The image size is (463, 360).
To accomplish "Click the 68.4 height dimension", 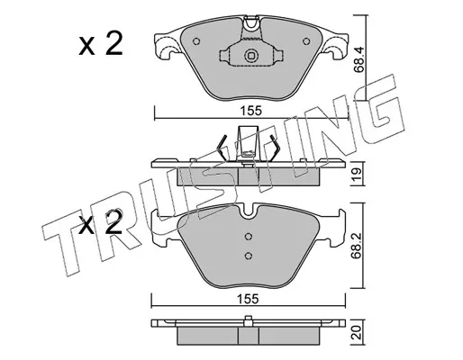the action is [x=359, y=59].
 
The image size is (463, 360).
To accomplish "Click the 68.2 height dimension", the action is [x=357, y=245].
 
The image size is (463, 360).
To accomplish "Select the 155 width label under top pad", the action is [x=251, y=112].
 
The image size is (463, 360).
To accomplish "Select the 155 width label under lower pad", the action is [x=248, y=299].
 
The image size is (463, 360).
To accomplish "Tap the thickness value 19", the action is [x=357, y=174].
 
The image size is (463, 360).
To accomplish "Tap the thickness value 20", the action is [x=357, y=333].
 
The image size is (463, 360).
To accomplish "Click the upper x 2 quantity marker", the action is [x=101, y=44].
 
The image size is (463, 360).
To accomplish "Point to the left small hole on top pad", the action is [x=196, y=41].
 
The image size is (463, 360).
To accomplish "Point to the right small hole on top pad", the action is [x=306, y=41].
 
